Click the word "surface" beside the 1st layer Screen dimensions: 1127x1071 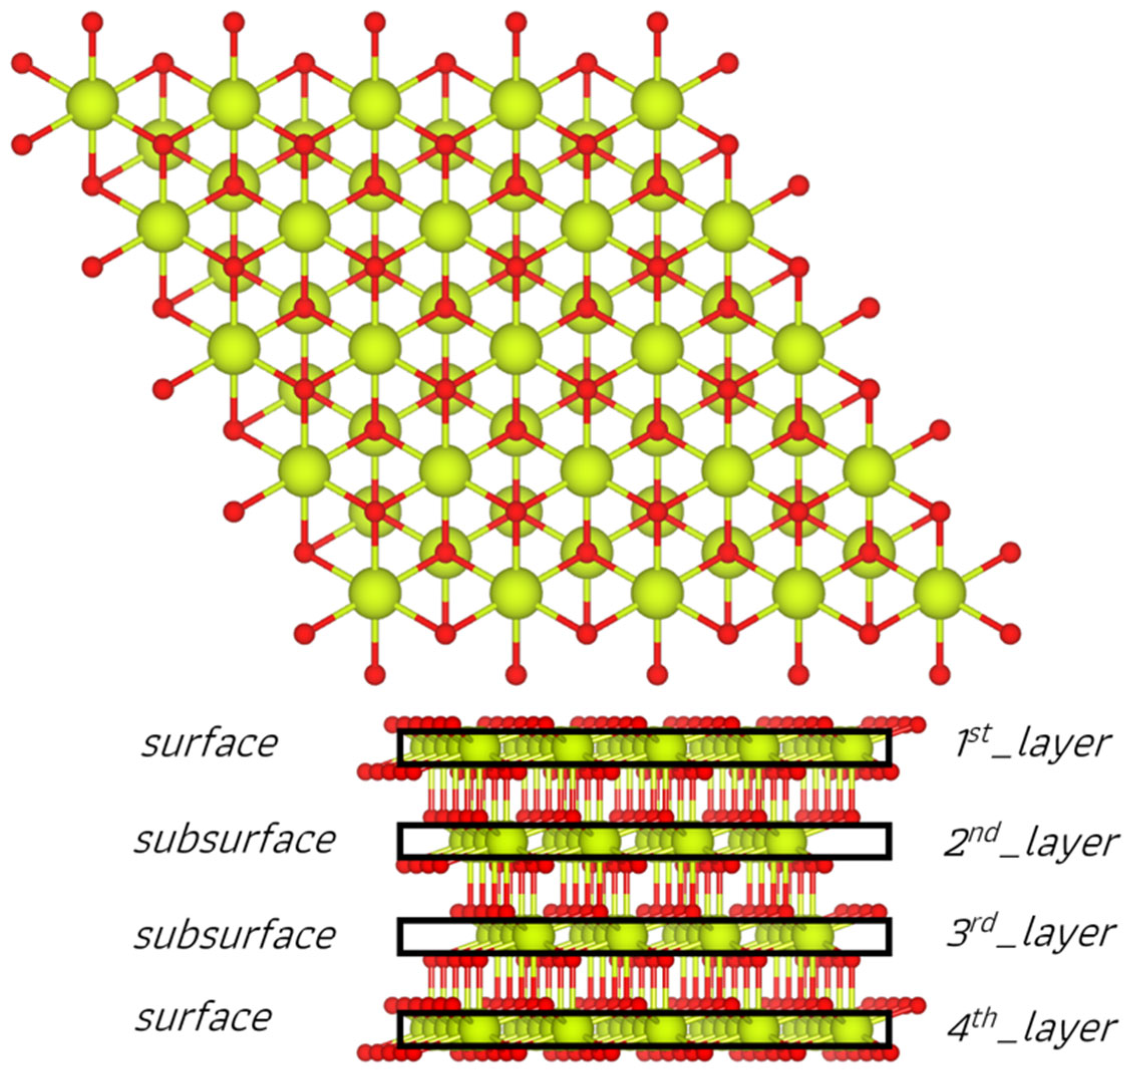click(x=210, y=744)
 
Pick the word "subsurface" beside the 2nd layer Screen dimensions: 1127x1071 click(x=234, y=840)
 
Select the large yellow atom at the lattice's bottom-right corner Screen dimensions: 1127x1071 click(x=940, y=591)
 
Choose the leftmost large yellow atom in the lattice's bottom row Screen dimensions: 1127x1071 click(x=375, y=591)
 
